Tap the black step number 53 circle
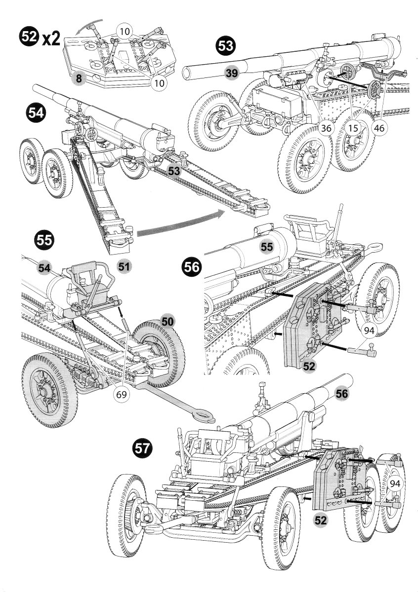pyautogui.click(x=225, y=48)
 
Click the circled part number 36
pyautogui.click(x=326, y=128)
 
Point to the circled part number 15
pyautogui.click(x=353, y=128)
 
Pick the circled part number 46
pyautogui.click(x=379, y=128)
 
